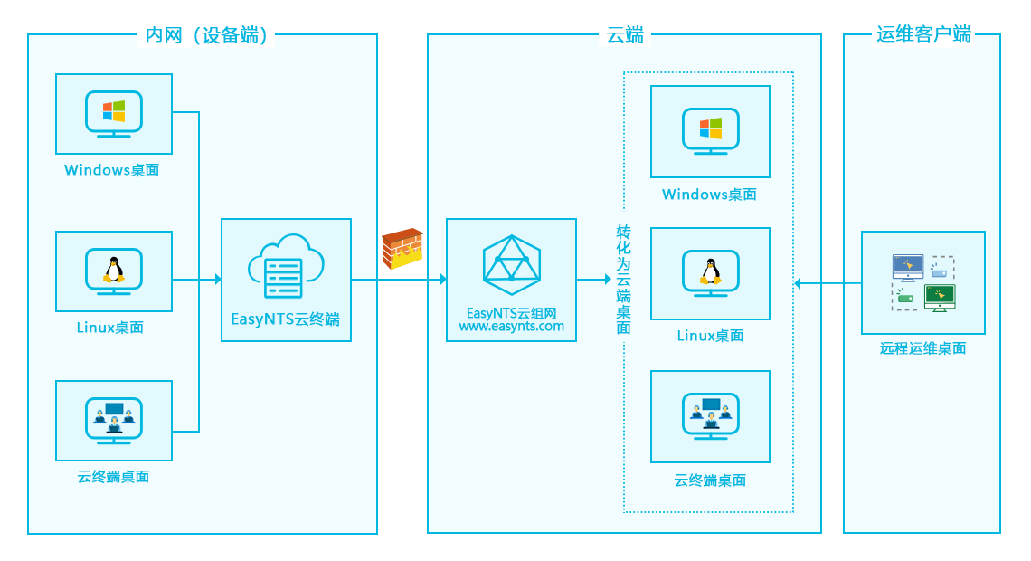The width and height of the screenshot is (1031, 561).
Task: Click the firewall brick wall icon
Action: (402, 249)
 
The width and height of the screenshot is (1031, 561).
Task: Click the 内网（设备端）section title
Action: (207, 35)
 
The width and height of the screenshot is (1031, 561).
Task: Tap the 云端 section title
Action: (624, 35)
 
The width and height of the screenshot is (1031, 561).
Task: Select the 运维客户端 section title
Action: (922, 34)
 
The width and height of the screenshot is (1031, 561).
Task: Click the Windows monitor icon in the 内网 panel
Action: (114, 113)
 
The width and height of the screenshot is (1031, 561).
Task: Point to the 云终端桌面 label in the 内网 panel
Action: (113, 477)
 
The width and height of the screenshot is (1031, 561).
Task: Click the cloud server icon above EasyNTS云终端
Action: (286, 267)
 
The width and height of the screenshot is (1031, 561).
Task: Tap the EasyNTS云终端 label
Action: (286, 319)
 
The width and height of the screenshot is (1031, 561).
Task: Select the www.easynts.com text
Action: (511, 327)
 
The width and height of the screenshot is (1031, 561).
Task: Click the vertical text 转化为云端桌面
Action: (624, 280)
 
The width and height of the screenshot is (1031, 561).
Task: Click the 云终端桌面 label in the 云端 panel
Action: (710, 480)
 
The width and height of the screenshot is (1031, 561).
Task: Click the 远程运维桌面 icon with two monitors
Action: (922, 283)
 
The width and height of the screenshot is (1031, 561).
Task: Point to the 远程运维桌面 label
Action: (922, 348)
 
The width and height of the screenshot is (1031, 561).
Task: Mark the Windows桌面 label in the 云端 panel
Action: (709, 195)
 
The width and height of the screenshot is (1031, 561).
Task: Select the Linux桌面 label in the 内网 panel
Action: (109, 328)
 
